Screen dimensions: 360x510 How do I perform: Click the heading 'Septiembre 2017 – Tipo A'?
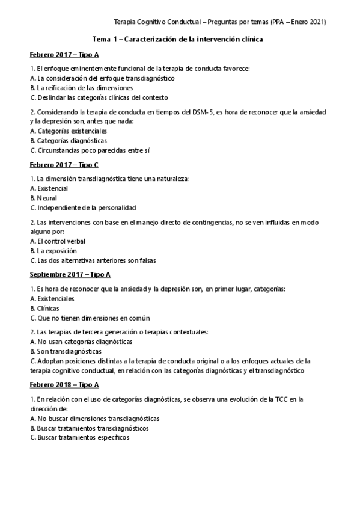(70, 274)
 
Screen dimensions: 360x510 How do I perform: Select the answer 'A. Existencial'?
(49, 188)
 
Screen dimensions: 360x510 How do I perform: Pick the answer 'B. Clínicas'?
(44, 308)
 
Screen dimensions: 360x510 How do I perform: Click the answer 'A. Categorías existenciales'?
(68, 131)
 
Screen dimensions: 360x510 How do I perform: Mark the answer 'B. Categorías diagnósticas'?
(68, 141)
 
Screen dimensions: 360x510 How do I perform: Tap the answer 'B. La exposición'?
(53, 251)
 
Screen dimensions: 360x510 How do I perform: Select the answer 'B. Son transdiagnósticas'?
(66, 351)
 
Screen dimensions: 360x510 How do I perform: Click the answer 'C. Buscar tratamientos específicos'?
(79, 437)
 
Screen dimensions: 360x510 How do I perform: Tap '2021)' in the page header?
(317, 22)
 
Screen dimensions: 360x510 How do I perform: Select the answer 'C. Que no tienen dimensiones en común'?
(90, 318)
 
